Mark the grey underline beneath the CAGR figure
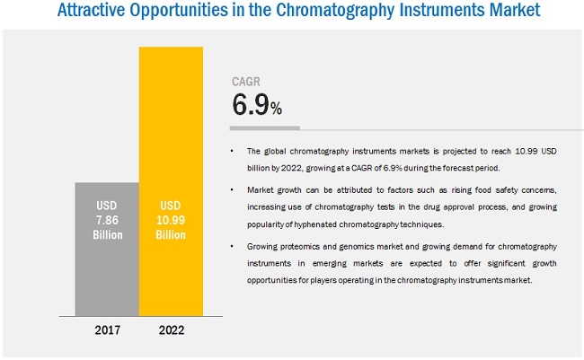point(261,127)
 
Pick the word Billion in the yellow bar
point(171,235)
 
